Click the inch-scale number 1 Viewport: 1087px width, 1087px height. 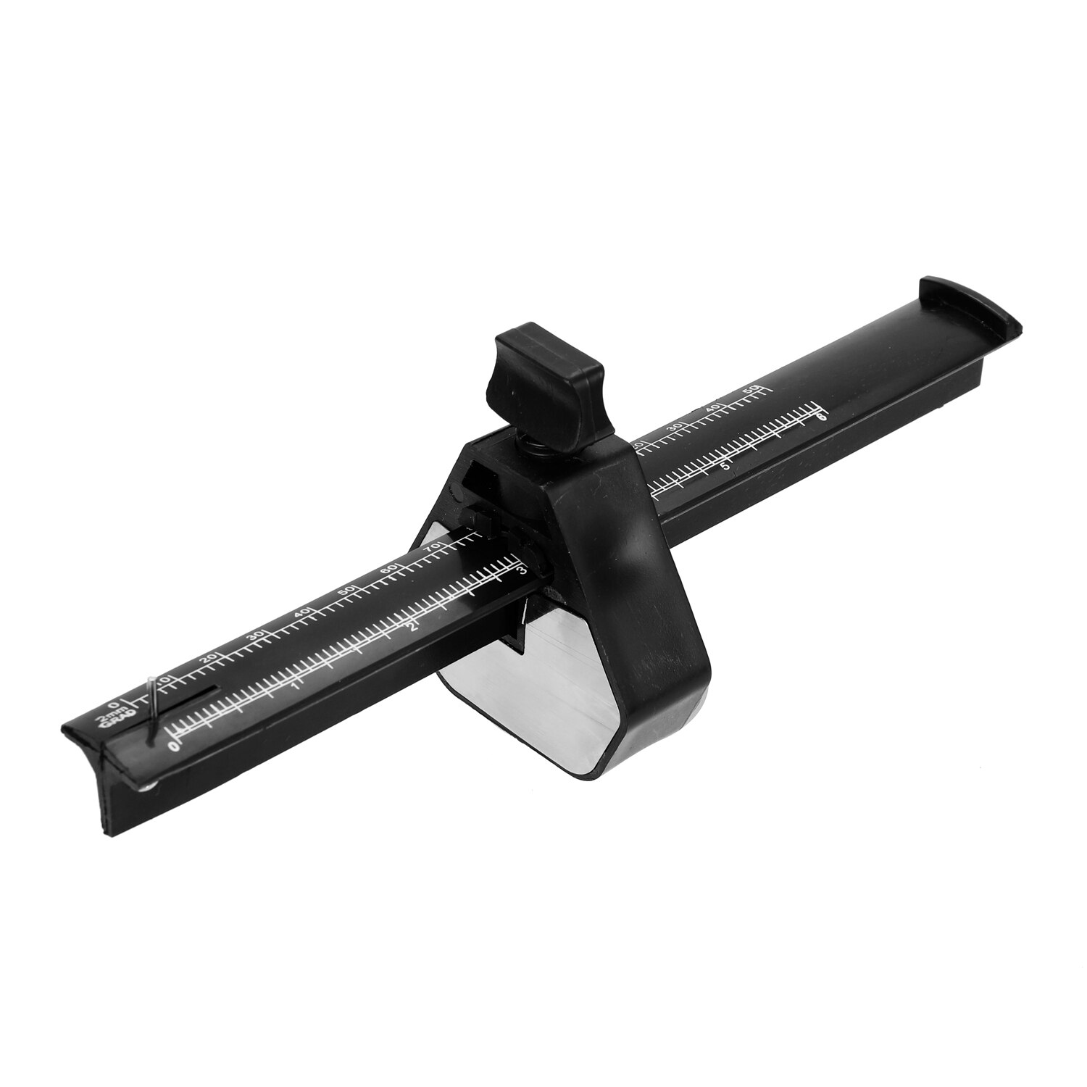click(294, 686)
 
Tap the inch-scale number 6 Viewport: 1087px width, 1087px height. click(821, 417)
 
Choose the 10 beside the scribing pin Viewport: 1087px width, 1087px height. click(166, 680)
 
